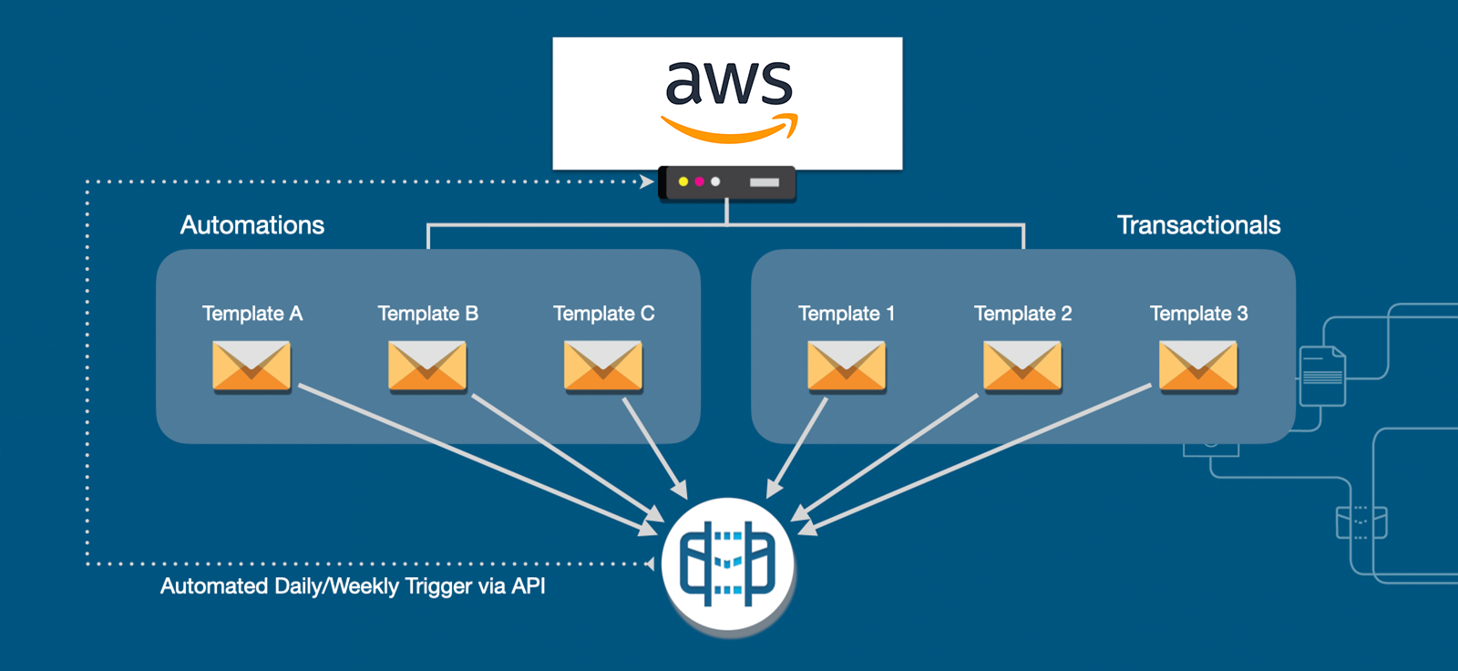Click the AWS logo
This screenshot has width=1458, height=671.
point(729,102)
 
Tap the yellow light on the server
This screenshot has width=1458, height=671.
point(683,181)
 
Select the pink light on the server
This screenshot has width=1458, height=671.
point(699,181)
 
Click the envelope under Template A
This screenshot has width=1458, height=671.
point(252,366)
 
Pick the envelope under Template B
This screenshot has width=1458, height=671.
point(427,366)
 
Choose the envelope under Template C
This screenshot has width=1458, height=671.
point(603,366)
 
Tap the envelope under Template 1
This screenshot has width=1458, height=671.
point(847,366)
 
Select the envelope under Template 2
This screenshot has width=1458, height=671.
point(1022,366)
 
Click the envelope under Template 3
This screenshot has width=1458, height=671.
point(1198,366)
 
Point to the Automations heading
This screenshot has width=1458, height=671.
point(252,225)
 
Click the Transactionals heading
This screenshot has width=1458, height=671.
point(1199,225)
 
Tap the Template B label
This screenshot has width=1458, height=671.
point(428,314)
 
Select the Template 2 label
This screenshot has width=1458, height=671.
point(1023,314)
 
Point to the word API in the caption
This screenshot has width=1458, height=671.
point(528,585)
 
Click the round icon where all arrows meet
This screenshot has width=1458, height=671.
point(728,564)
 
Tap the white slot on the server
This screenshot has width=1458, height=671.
point(765,182)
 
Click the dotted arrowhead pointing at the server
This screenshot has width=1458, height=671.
point(647,181)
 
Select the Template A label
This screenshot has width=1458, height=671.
point(252,314)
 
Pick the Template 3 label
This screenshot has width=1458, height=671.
point(1199,314)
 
